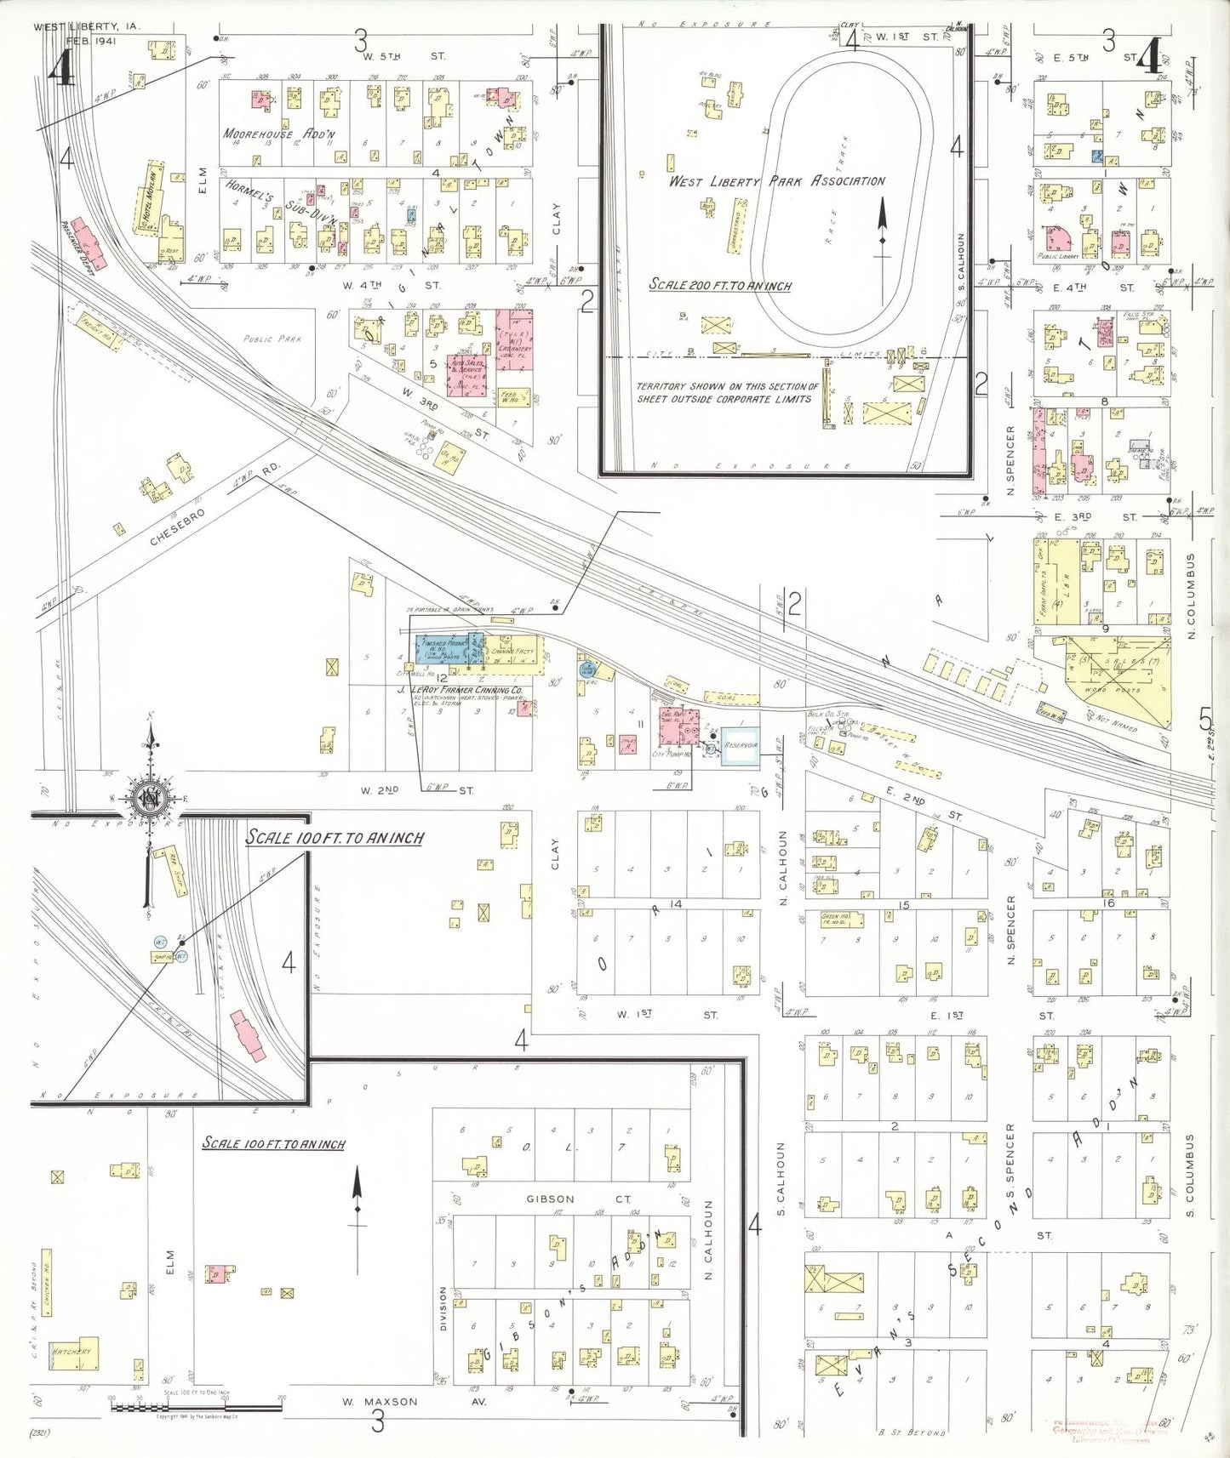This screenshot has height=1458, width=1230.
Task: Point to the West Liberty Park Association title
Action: coord(776,181)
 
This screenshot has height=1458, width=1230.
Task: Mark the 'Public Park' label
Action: coord(272,339)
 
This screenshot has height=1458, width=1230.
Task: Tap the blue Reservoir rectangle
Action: coord(740,745)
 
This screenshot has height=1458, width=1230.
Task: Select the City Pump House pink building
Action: coord(679,727)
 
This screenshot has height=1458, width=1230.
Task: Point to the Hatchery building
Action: coord(73,1352)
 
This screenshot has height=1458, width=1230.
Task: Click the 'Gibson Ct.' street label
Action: coord(578,1199)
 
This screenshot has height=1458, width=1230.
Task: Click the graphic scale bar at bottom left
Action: coord(196,1407)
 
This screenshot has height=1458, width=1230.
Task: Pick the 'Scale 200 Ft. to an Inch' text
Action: coord(720,285)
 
